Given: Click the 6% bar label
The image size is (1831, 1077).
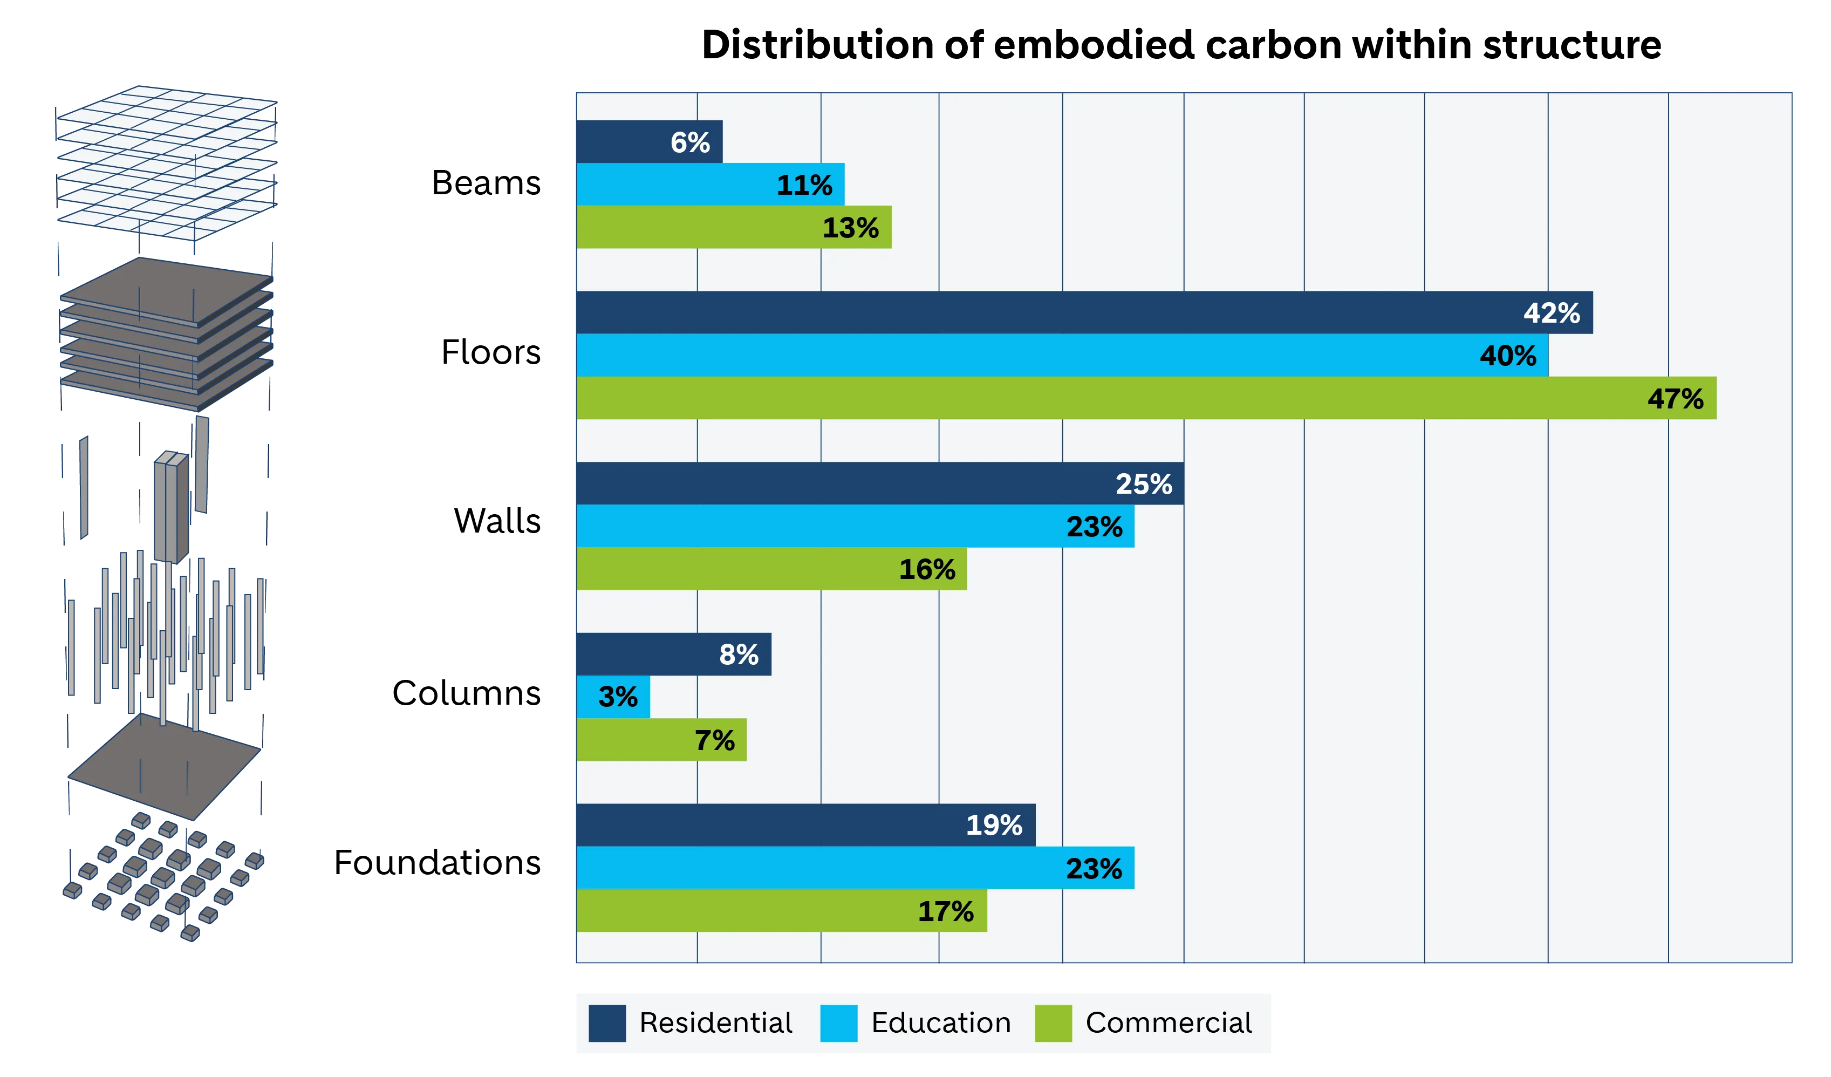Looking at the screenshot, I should (x=689, y=142).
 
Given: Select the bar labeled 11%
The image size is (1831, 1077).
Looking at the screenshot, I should (x=710, y=185).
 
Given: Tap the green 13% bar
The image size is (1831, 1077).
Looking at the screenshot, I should (x=734, y=228).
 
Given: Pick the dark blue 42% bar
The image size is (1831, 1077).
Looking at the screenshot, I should (x=1083, y=312).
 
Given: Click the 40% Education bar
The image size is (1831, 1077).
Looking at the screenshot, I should (x=1062, y=356).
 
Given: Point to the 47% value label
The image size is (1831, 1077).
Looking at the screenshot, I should (x=1675, y=398).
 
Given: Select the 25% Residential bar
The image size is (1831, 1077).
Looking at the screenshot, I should (x=879, y=483).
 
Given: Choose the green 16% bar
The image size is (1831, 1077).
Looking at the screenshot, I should (x=771, y=569).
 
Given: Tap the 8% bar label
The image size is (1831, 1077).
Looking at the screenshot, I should (x=738, y=655).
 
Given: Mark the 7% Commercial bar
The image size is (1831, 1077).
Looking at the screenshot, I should (x=661, y=740).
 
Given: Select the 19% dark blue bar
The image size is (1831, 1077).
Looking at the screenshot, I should (x=805, y=825).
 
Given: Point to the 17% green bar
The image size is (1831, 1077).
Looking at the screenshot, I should (x=781, y=911).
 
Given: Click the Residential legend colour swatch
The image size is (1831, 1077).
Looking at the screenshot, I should (x=607, y=1023).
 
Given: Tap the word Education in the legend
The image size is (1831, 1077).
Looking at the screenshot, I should (x=940, y=1023).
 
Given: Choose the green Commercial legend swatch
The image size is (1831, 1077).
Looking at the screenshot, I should (x=1053, y=1023).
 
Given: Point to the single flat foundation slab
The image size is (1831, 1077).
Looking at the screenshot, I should (x=164, y=767).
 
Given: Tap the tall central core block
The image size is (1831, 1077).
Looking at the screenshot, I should (x=171, y=505).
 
